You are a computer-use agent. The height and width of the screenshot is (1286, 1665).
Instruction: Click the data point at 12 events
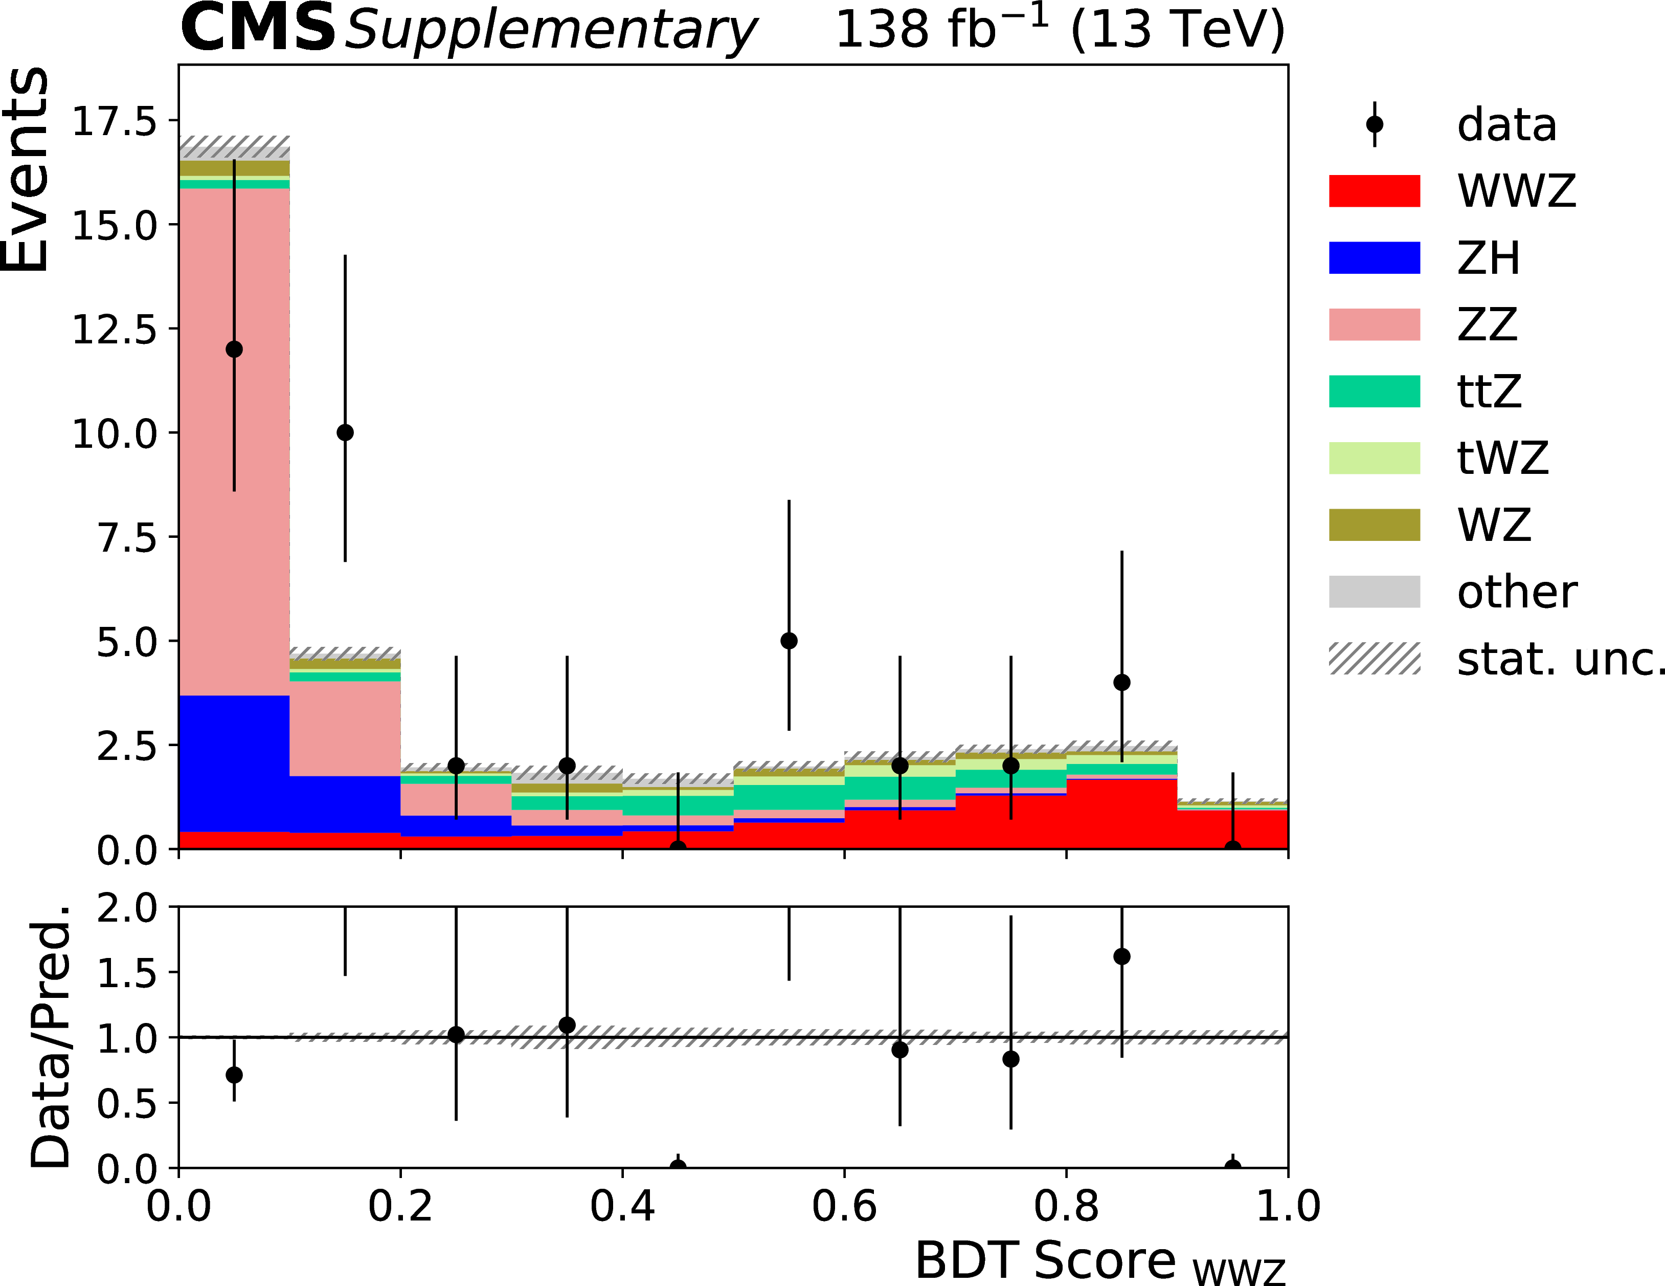234,350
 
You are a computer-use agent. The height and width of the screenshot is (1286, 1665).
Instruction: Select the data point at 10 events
345,432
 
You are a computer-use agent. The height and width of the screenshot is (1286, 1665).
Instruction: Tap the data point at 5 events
789,641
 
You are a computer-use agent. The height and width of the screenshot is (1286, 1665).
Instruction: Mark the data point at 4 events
1121,682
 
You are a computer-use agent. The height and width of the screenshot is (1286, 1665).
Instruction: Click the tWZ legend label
1502,457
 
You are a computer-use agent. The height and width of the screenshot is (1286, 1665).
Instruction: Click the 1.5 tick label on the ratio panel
126,972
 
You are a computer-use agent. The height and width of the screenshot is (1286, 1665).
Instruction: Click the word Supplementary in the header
550,31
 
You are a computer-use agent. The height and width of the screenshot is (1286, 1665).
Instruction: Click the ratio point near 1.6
1121,956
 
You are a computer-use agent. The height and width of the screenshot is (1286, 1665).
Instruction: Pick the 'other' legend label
1516,592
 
